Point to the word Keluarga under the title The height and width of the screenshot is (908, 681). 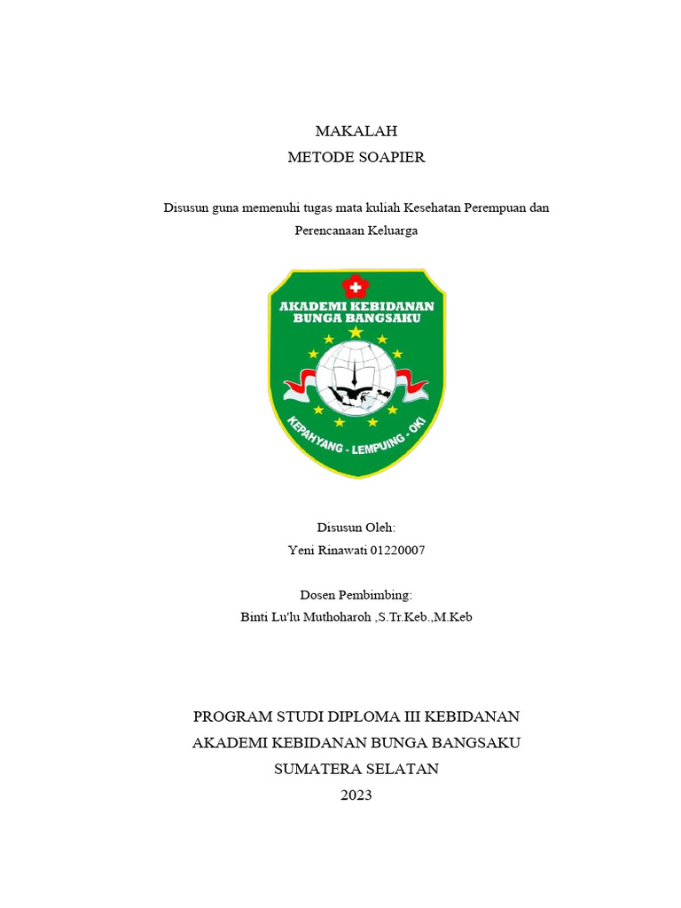(x=387, y=231)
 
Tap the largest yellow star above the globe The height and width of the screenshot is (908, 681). (x=356, y=332)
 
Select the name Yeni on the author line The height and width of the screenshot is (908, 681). (x=301, y=551)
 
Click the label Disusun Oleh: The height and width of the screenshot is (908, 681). (x=356, y=528)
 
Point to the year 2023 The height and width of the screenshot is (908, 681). (x=356, y=795)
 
